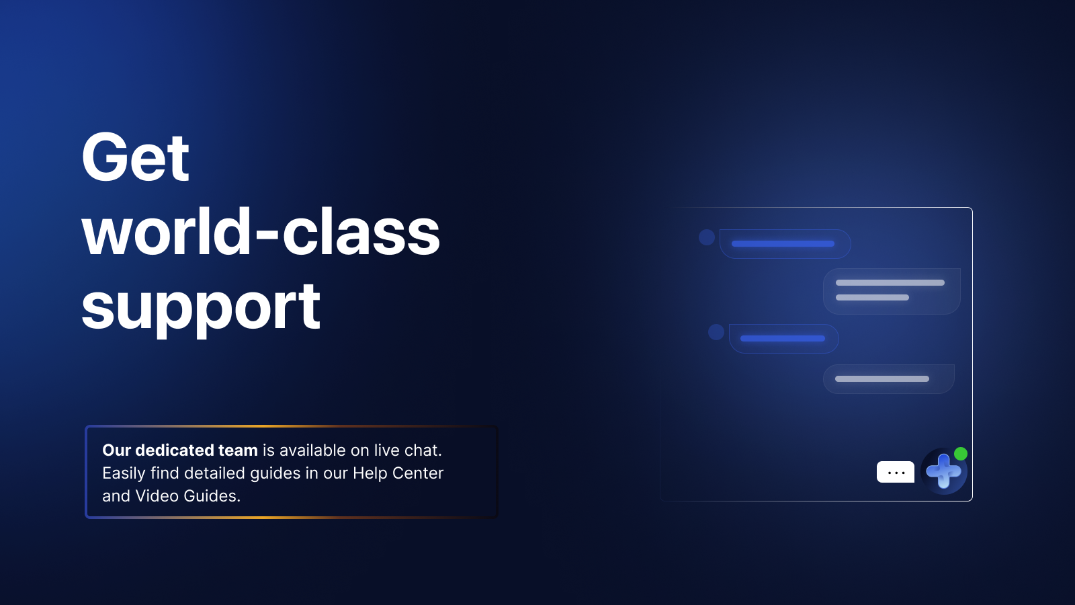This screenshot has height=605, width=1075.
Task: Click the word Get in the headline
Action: (x=135, y=157)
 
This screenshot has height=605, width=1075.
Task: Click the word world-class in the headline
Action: (x=261, y=231)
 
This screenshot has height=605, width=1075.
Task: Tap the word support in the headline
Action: (x=201, y=308)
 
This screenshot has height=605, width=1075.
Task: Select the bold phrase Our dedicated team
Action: (x=180, y=450)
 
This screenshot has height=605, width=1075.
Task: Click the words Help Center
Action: (x=398, y=473)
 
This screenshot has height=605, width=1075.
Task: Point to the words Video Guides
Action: (x=187, y=496)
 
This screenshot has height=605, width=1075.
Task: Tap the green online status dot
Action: (x=960, y=454)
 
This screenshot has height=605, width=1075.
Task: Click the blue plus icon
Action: (x=943, y=471)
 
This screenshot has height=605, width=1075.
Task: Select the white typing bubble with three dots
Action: (x=896, y=472)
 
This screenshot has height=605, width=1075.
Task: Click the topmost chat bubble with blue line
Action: (x=785, y=244)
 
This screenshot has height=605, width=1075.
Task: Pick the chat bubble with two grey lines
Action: (x=892, y=292)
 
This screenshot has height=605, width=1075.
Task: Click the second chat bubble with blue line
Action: (x=783, y=339)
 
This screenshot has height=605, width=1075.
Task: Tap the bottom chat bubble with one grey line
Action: (x=889, y=379)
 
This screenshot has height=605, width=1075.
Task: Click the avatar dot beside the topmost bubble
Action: (x=706, y=237)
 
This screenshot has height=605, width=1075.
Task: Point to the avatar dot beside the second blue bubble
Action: (x=716, y=332)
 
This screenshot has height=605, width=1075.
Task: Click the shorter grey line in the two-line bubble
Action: (x=873, y=298)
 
